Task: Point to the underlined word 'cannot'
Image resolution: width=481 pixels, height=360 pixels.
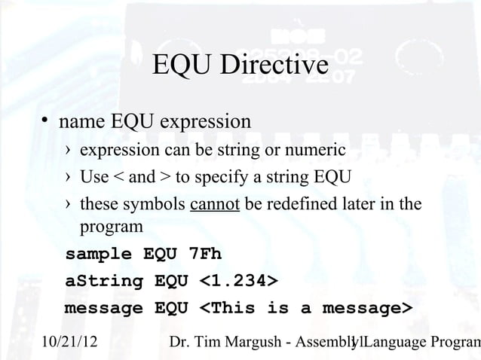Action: pyautogui.click(x=215, y=205)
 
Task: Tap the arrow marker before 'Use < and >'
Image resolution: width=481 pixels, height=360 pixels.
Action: pyautogui.click(x=69, y=178)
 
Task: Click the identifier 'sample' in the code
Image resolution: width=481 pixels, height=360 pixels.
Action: pyautogui.click(x=98, y=254)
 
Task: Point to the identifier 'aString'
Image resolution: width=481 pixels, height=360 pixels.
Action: pyautogui.click(x=105, y=282)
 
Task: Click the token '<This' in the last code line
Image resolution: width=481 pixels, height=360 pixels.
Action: pyautogui.click(x=227, y=309)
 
